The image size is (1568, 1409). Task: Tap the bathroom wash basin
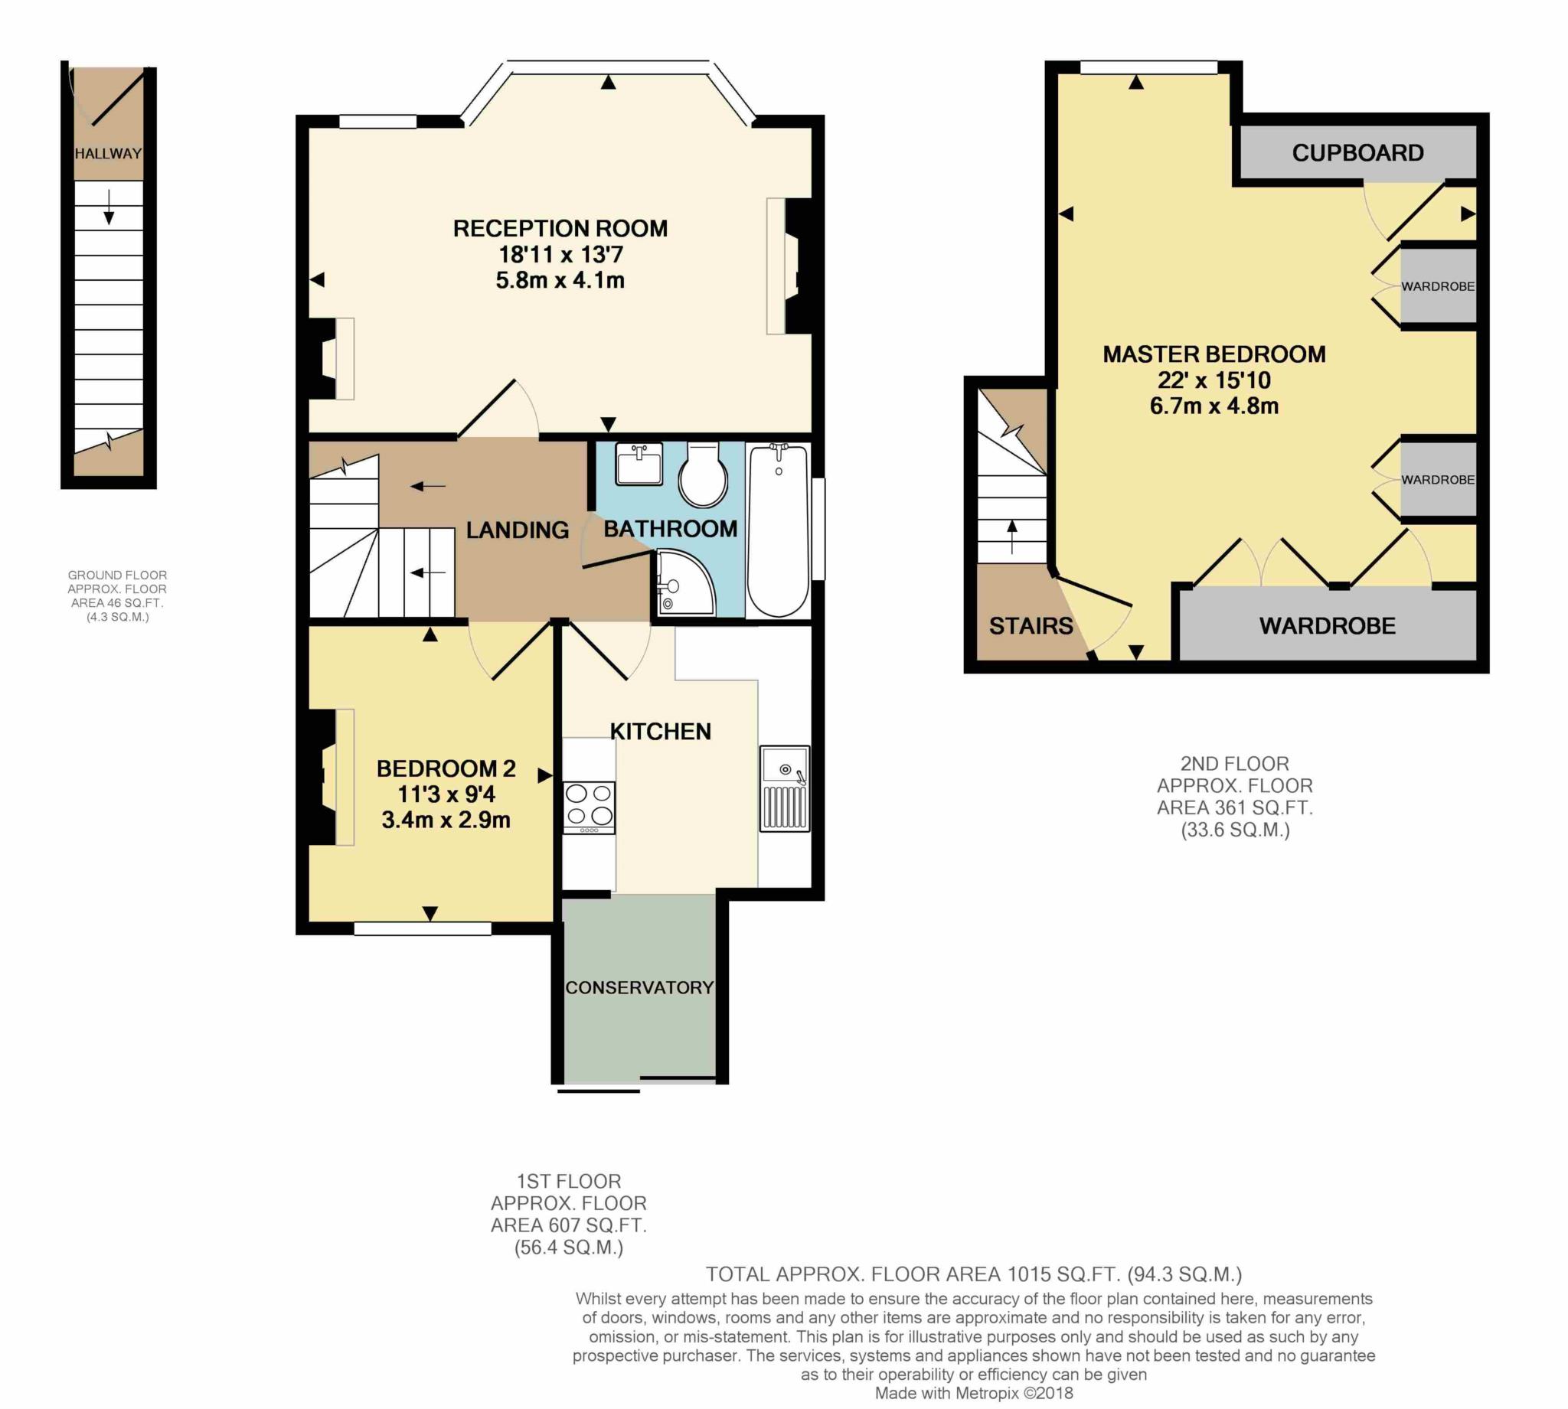coord(639,465)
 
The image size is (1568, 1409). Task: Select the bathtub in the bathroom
coord(778,530)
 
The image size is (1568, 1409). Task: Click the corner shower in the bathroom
coord(685,582)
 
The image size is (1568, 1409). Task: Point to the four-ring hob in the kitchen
coord(590,807)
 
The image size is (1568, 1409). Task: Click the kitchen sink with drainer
coord(785,788)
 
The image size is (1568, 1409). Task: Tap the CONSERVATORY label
coord(639,987)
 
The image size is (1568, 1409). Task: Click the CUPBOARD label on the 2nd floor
coord(1357,152)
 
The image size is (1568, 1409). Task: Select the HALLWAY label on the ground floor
coord(109,153)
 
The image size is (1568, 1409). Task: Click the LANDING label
coord(518,530)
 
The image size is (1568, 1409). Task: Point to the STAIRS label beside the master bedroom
coord(1031,625)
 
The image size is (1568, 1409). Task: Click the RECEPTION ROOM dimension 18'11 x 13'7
coord(560,254)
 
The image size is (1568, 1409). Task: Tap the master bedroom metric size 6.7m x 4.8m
coord(1214,406)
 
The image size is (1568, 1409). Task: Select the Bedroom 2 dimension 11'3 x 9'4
coord(446,794)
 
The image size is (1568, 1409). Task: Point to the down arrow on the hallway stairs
coord(109,206)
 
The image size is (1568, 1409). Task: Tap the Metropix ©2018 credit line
coord(974,1393)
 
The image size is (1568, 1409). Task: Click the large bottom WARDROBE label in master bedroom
coord(1327,625)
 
